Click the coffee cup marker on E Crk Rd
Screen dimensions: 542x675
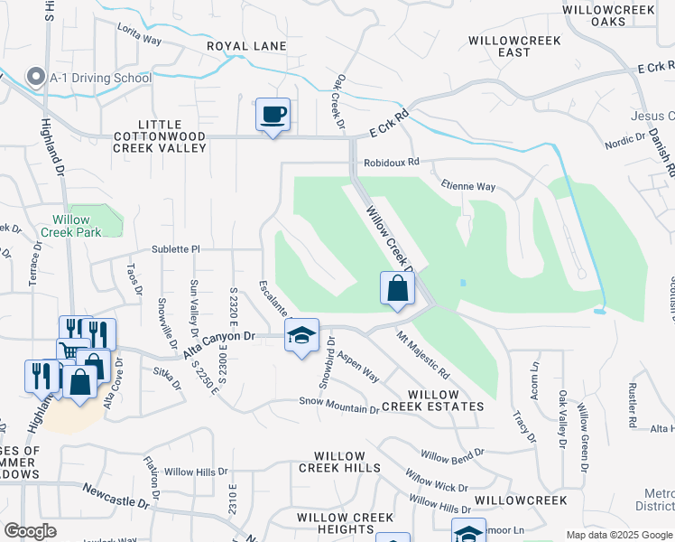(x=273, y=115)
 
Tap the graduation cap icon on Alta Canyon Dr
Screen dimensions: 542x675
(x=301, y=336)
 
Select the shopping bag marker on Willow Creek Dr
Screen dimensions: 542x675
(x=397, y=289)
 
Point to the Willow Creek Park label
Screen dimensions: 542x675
(x=70, y=226)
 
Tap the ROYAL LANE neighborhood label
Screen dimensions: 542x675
(x=246, y=46)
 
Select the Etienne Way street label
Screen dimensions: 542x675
(x=468, y=187)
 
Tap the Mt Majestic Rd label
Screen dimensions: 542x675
(x=423, y=353)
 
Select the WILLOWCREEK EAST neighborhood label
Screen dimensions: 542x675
(x=514, y=47)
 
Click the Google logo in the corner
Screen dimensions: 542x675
(x=30, y=531)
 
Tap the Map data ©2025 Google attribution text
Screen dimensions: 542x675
(x=618, y=535)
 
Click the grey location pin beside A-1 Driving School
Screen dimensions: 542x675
(x=36, y=78)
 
